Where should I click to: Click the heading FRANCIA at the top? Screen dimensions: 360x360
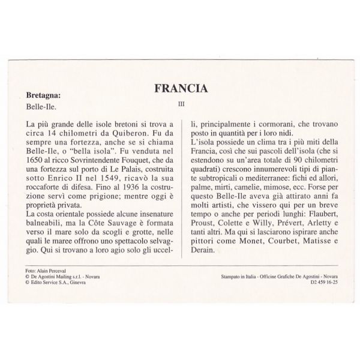point(181,88)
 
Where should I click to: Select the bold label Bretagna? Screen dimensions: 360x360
point(44,95)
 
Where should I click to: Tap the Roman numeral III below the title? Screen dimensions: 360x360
point(181,103)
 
